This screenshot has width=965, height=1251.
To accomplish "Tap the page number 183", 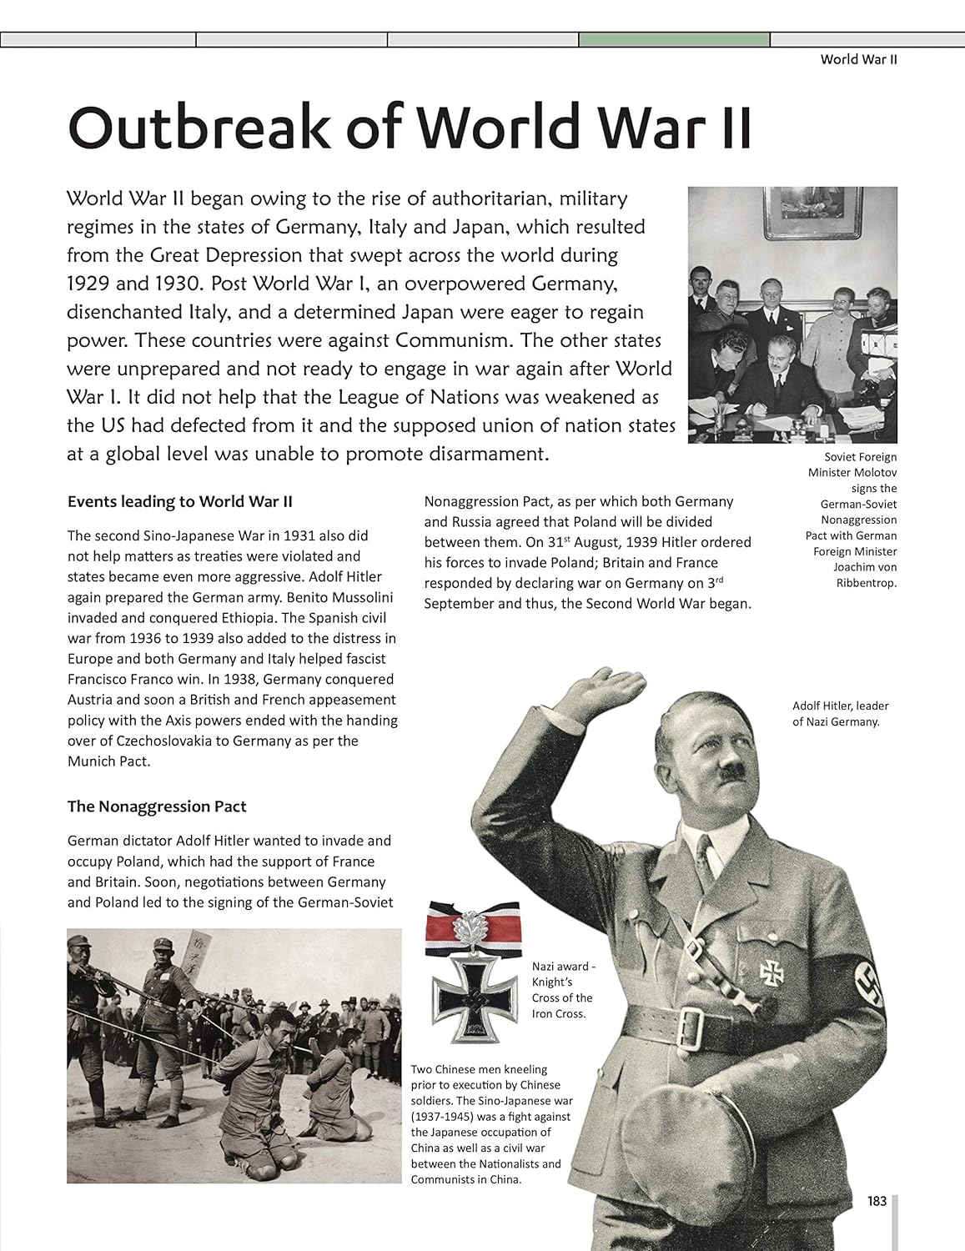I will (877, 1202).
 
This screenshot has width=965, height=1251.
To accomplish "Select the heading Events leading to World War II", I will (179, 502).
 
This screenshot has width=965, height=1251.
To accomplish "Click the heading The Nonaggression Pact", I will (157, 806).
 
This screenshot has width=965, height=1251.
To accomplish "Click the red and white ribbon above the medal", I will (472, 927).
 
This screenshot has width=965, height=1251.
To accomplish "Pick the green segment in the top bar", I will (674, 39).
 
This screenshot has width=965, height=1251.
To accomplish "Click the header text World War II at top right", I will (858, 59).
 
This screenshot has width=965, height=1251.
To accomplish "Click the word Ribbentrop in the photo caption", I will (866, 583).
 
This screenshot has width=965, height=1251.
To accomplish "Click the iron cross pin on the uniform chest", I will (770, 971).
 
